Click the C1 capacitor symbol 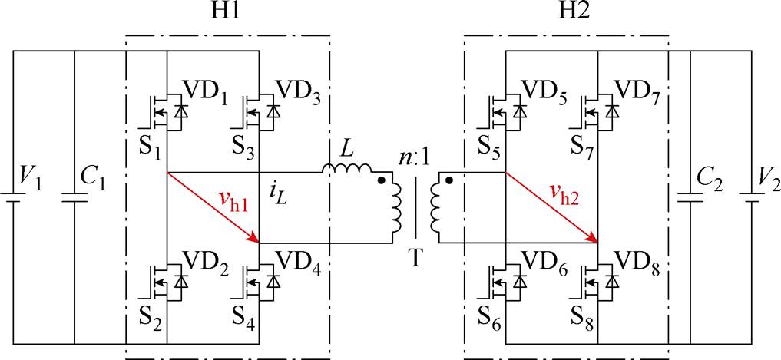[x=74, y=198]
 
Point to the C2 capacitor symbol [x=690, y=198]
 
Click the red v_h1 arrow [x=213, y=208]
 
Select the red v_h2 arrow [x=551, y=208]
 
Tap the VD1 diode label [x=206, y=94]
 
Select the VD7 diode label [x=637, y=94]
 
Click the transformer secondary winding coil [x=433, y=208]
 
